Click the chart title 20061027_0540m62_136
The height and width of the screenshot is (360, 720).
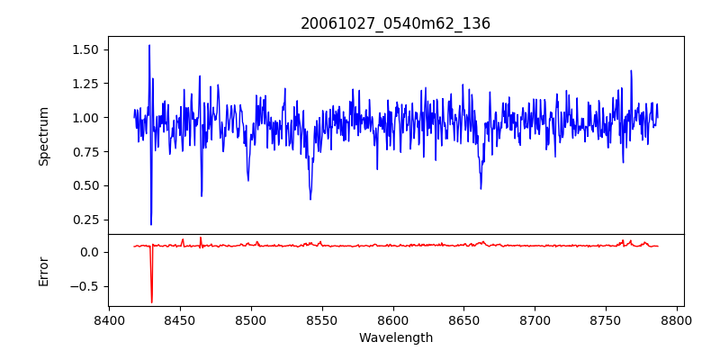[395, 23]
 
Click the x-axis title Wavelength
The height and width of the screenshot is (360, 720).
[395, 338]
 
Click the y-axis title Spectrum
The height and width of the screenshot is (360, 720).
[44, 136]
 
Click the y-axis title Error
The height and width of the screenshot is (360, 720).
[44, 269]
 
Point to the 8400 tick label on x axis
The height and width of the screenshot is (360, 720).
[109, 320]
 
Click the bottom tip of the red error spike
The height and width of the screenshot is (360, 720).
[152, 302]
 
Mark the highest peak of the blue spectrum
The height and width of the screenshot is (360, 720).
[149, 45]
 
